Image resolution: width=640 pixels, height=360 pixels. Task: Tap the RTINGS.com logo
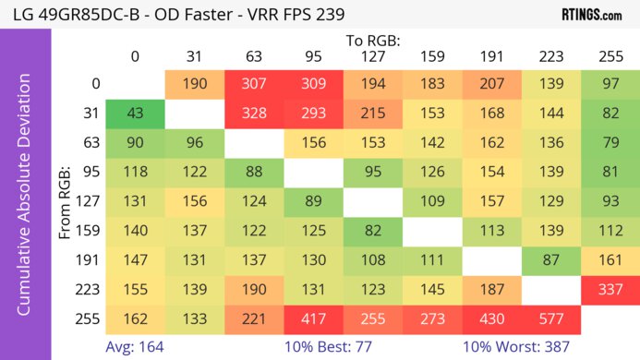coord(591,15)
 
